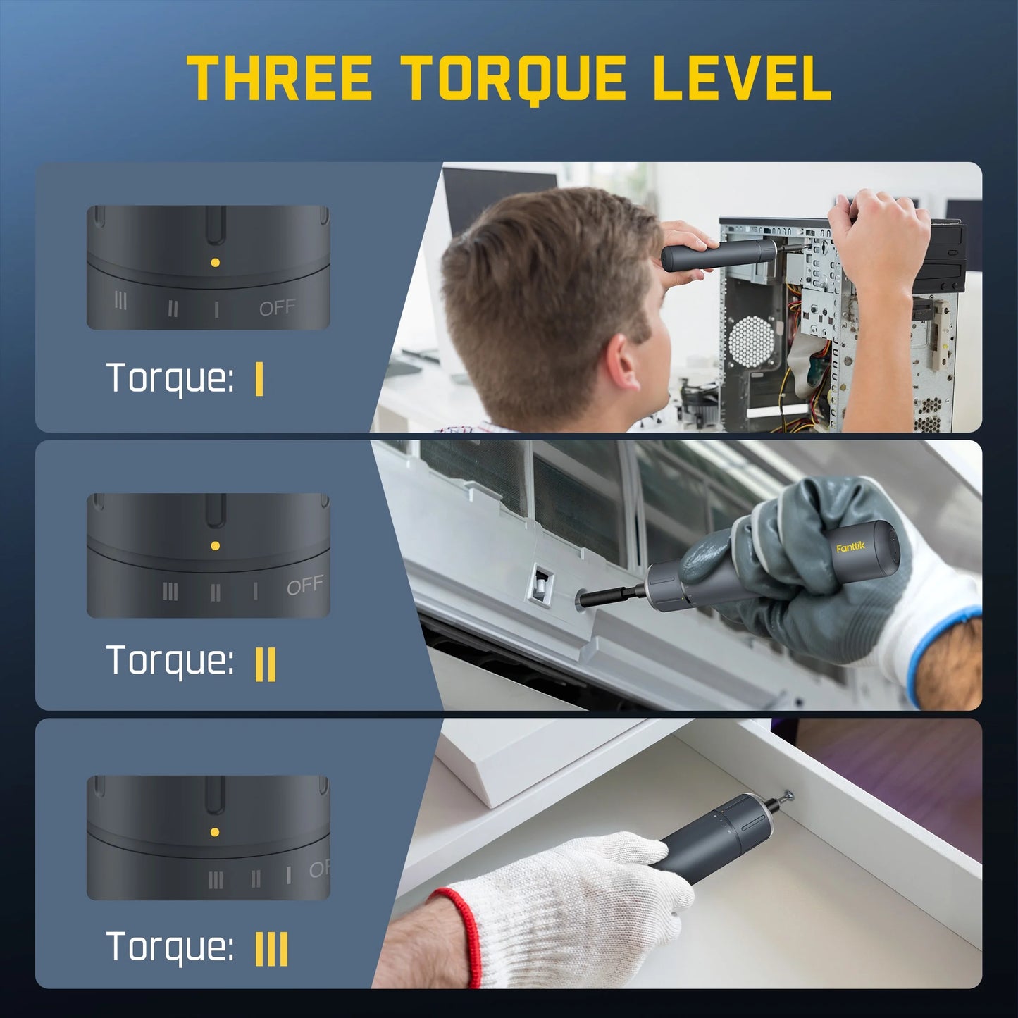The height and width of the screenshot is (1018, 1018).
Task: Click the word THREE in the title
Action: pos(280,77)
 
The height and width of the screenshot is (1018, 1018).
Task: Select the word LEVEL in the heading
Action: pos(742,77)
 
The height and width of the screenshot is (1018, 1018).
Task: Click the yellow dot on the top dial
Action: pos(215,262)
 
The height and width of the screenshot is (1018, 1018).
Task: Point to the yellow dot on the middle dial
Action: pos(215,545)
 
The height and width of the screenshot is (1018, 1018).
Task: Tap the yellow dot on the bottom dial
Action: pos(215,832)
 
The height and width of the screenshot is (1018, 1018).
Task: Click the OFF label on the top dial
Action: pos(277,308)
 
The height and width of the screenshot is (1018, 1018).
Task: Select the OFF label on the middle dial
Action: pos(305,585)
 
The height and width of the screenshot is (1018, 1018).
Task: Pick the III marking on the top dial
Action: pos(120,302)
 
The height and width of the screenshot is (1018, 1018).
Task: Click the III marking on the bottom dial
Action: pos(216,880)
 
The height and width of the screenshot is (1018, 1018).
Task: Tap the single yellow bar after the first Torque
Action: pos(259,380)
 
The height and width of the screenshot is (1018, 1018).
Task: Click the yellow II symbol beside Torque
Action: pos(265,664)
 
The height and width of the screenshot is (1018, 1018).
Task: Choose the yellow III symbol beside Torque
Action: pos(271,949)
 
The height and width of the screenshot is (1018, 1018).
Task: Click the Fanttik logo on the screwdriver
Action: pos(850,547)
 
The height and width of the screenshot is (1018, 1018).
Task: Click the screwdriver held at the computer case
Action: pos(715,254)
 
